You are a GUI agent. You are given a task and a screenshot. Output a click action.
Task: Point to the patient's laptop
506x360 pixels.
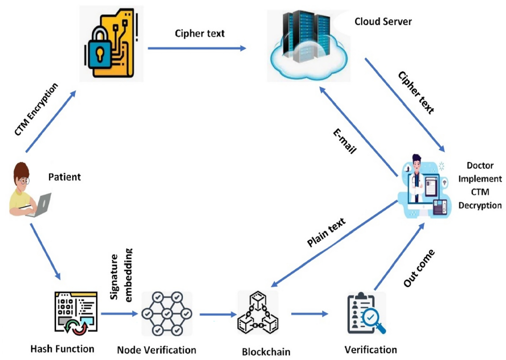tap(40, 204)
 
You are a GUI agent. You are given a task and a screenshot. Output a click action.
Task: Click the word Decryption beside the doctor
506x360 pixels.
tap(480, 206)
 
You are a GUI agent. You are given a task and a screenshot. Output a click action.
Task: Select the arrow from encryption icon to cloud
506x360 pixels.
tap(196, 48)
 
